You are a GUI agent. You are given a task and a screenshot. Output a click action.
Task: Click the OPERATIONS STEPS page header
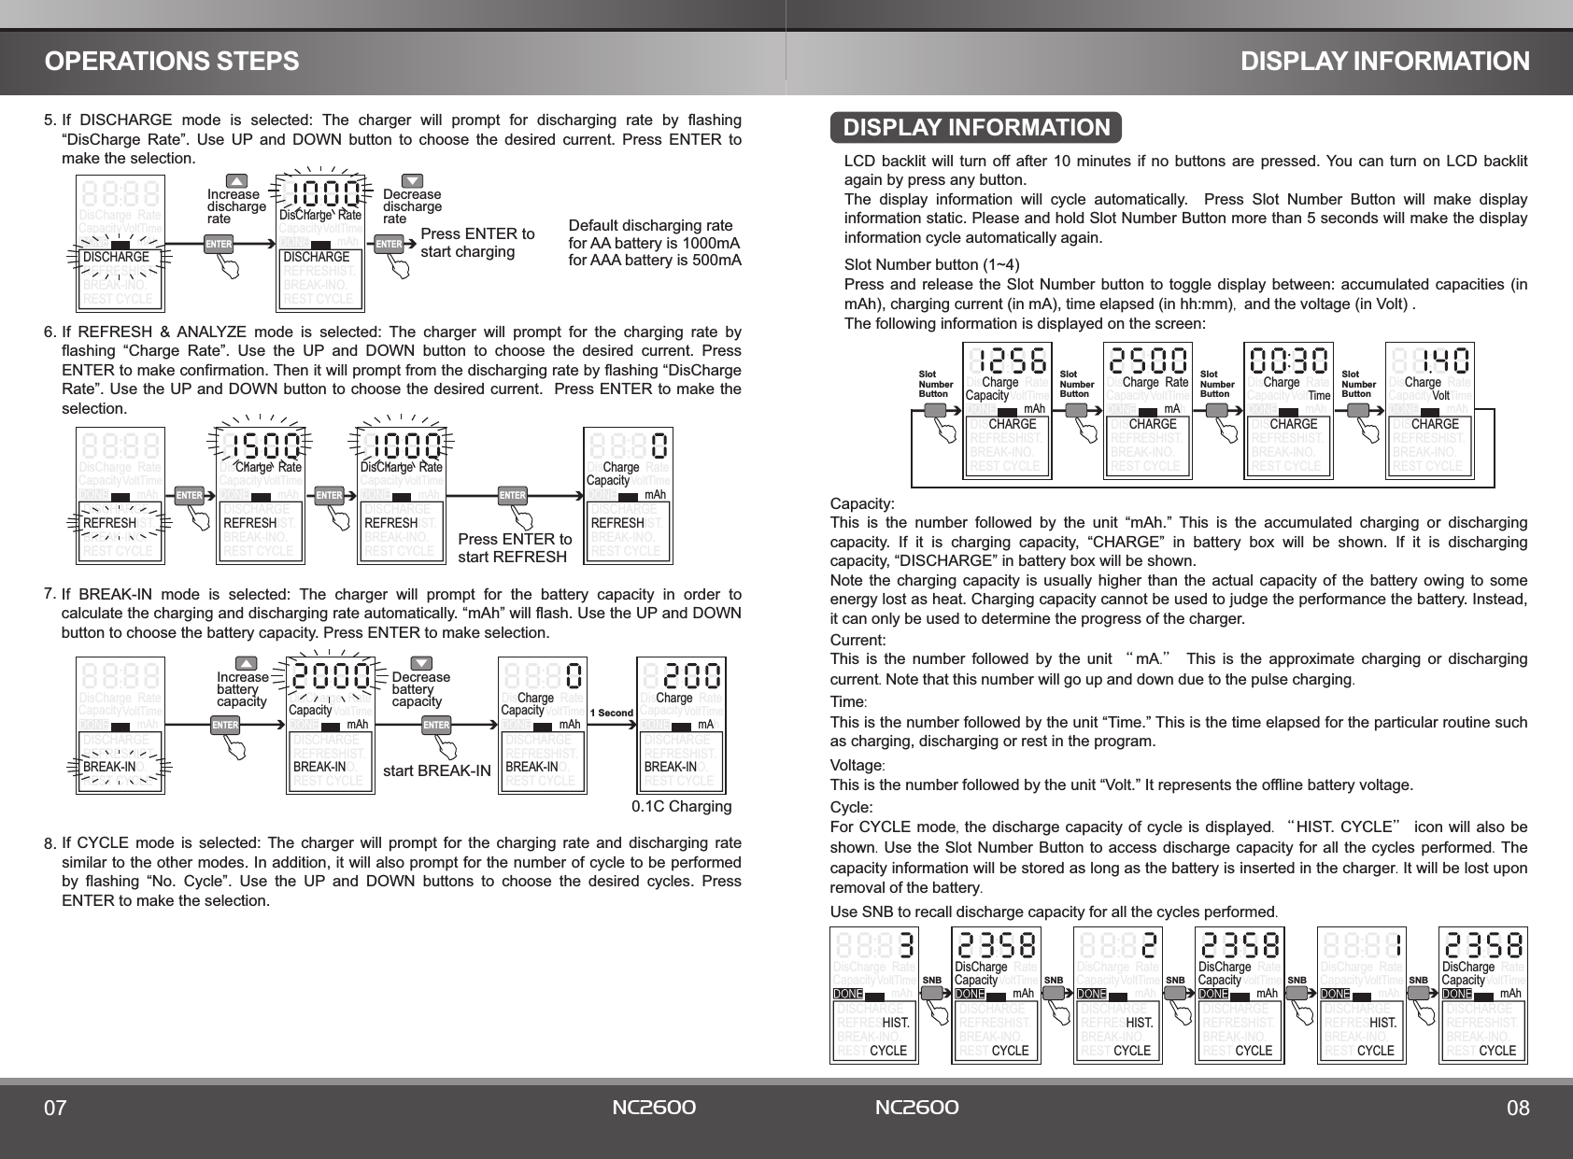pyautogui.click(x=173, y=62)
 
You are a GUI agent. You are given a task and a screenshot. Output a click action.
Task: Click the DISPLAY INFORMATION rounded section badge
pyautogui.click(x=976, y=127)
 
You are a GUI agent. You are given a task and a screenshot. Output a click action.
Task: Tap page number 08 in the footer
pyautogui.click(x=1518, y=1109)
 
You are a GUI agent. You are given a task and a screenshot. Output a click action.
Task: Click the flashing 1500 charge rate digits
pyautogui.click(x=261, y=445)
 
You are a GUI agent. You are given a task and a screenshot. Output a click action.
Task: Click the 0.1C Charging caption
pyautogui.click(x=682, y=806)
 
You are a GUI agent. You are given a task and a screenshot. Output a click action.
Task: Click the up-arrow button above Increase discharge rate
pyautogui.click(x=237, y=180)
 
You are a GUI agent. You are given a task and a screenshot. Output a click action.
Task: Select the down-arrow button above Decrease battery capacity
pyautogui.click(x=421, y=663)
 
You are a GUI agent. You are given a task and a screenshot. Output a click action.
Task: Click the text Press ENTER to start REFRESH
pyautogui.click(x=515, y=549)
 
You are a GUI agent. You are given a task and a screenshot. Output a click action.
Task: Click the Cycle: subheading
pyautogui.click(x=852, y=807)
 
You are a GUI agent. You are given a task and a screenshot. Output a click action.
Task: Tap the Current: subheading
pyautogui.click(x=858, y=641)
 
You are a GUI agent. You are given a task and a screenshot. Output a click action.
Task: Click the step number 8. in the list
pyautogui.click(x=50, y=845)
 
